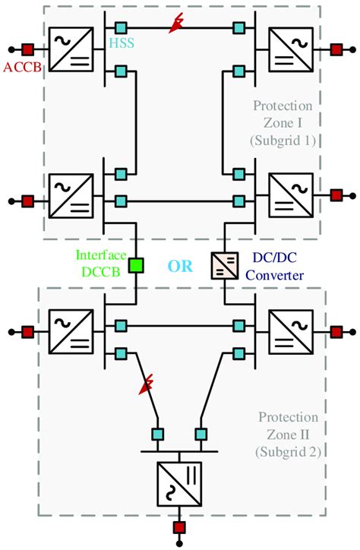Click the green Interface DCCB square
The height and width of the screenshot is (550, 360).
pos(136,266)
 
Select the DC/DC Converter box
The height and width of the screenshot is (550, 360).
pos(225,266)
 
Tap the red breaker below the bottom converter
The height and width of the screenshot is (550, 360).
pos(180,526)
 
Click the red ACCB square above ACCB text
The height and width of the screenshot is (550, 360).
pos(27,50)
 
